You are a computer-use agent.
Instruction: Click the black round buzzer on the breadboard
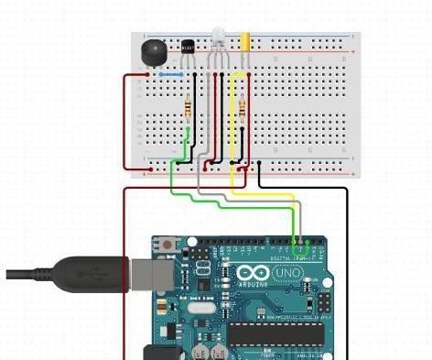coord(153,51)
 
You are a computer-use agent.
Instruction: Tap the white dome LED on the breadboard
coord(218,39)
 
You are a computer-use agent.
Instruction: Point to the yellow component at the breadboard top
coord(246,41)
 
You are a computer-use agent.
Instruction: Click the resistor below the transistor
coord(188,109)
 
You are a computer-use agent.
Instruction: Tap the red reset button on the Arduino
coord(167,245)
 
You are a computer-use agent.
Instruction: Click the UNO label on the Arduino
coord(287,273)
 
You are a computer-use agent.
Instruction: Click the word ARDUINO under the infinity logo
coord(252,285)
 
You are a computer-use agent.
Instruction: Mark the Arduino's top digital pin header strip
coord(257,244)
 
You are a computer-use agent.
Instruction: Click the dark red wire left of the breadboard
coord(125,119)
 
